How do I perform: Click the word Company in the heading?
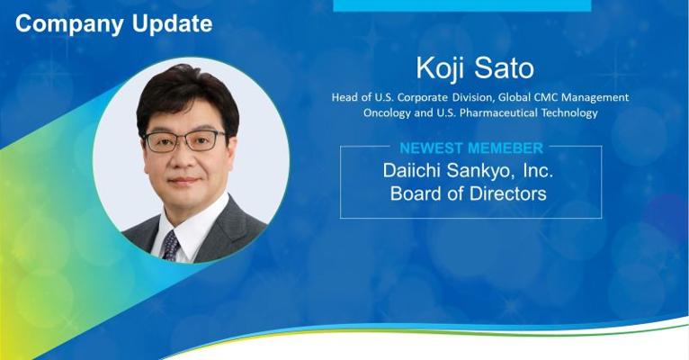[69, 24]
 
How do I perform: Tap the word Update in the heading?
[173, 23]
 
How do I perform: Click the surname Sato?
[505, 68]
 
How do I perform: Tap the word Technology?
[569, 113]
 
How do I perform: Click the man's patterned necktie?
[171, 246]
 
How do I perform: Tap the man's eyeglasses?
[185, 141]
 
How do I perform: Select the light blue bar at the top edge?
[462, 5]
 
